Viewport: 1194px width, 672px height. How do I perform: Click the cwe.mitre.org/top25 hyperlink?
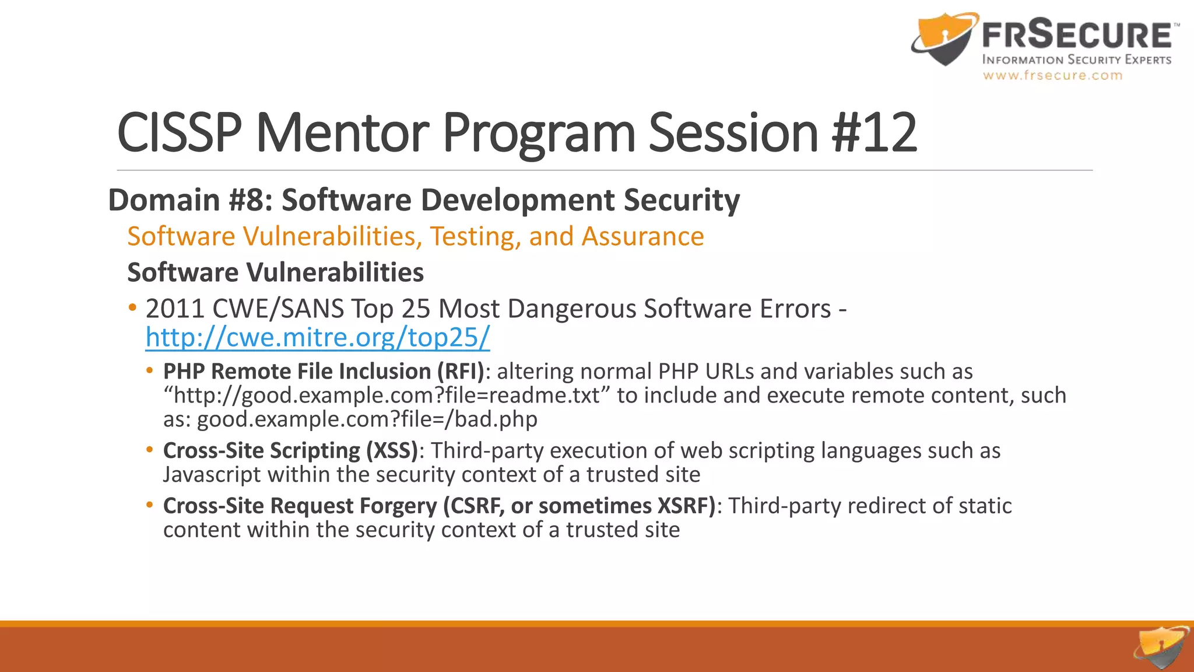(318, 338)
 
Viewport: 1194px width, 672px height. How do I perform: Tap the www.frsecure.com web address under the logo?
(1052, 75)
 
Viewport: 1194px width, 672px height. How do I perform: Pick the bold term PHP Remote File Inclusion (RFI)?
(324, 372)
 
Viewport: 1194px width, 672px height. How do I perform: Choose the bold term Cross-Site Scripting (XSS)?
(290, 451)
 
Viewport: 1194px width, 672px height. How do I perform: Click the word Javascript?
(212, 475)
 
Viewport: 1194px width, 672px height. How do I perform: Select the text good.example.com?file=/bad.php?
(367, 419)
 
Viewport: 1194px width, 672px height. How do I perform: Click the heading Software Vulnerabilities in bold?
(275, 272)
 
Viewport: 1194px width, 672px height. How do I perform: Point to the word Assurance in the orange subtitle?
(642, 237)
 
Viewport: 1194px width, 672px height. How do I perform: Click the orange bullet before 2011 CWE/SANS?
(133, 307)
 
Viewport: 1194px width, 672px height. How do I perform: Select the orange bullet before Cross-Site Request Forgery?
(150, 505)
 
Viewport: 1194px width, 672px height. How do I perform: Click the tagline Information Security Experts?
(1076, 60)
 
